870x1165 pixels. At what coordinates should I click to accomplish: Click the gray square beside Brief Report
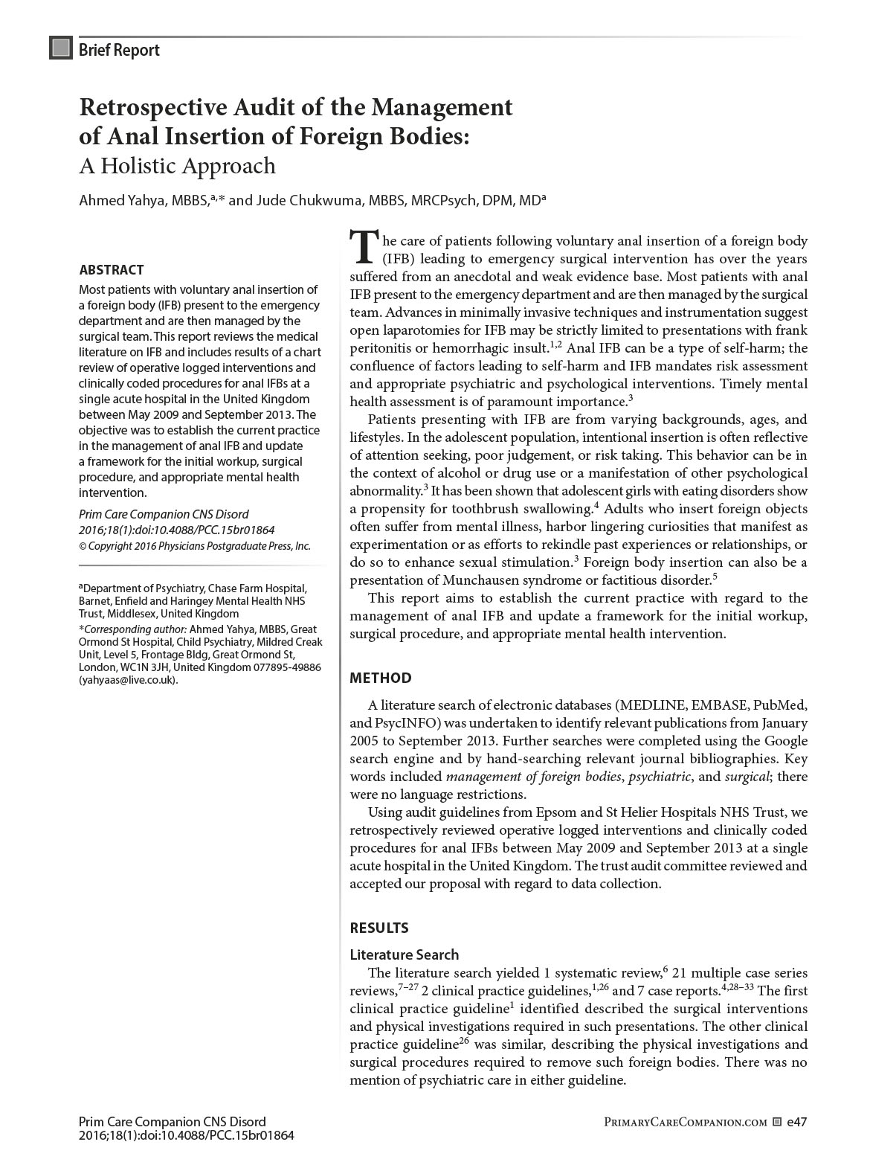(60, 48)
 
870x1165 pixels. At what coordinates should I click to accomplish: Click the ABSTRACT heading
(112, 269)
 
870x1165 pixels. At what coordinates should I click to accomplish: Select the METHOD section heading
(380, 678)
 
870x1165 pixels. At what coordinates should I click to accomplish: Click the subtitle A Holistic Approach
(177, 165)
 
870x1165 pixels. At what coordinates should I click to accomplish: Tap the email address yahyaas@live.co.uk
(128, 679)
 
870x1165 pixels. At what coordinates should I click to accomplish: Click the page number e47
(796, 1122)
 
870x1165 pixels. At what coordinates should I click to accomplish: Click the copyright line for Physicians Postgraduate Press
(194, 545)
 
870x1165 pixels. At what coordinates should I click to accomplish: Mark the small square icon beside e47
(777, 1122)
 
